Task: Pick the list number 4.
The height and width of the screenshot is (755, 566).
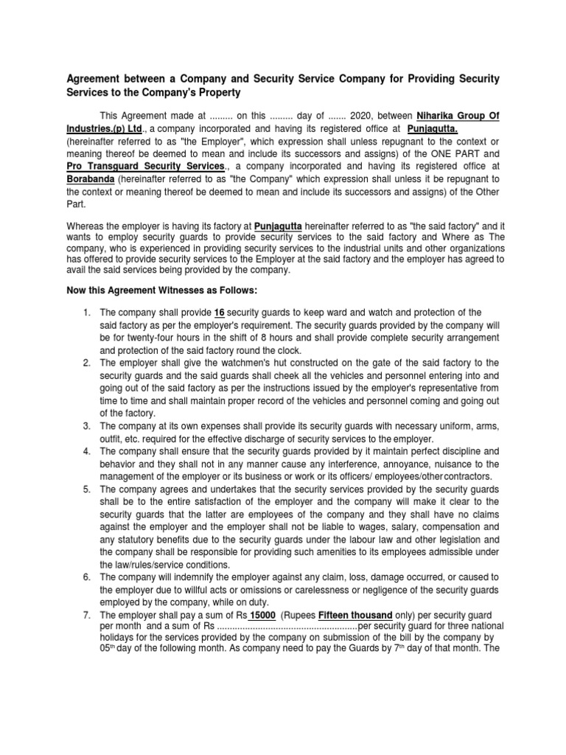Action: pos(85,450)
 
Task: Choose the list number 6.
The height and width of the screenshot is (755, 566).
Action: pos(85,577)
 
